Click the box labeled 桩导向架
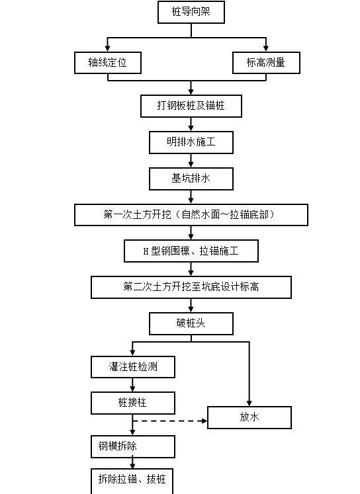[191, 11]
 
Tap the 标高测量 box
[266, 63]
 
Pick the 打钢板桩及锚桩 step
[191, 106]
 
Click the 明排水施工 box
[191, 142]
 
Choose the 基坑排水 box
[191, 179]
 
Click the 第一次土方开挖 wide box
[191, 215]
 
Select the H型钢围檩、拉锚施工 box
[191, 251]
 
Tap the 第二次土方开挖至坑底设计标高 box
[191, 287]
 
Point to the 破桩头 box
[191, 323]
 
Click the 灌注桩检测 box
[133, 367]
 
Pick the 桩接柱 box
[133, 403]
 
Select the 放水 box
[249, 417]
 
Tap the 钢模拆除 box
[133, 446]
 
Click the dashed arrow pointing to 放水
[171, 420]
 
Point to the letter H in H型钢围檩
[146, 252]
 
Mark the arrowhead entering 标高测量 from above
[266, 49]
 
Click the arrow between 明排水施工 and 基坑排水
[191, 160]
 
